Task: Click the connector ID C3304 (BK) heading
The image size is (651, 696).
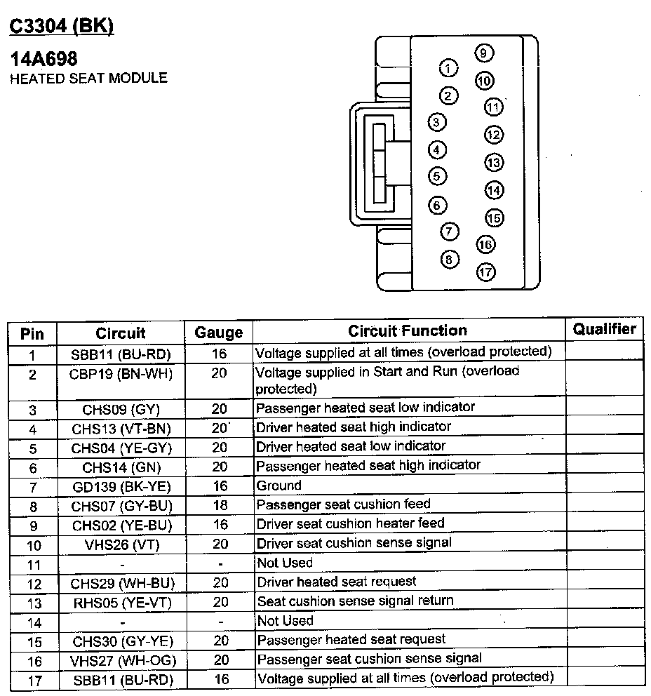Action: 61,26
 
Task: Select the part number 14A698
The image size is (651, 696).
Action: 43,59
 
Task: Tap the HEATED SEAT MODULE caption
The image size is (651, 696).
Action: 88,78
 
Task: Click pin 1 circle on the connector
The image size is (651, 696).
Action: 448,68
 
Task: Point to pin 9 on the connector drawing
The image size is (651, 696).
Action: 483,53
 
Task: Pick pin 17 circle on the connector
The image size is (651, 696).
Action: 485,272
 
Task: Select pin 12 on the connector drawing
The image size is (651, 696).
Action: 494,135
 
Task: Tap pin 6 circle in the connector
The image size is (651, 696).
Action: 437,205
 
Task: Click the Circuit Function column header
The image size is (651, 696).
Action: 408,330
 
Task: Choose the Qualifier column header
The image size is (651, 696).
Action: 605,329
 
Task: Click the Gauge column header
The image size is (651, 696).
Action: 219,333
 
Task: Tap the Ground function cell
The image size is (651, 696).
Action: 278,486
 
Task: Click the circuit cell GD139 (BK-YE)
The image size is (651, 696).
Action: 121,486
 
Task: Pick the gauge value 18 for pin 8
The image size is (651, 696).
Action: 219,505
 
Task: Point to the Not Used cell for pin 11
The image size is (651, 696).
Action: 284,563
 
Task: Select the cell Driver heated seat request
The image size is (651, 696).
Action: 336,582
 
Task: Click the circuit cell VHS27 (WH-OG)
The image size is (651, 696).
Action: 122,661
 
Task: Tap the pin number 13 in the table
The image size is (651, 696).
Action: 32,603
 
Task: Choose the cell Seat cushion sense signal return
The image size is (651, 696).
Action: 355,601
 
